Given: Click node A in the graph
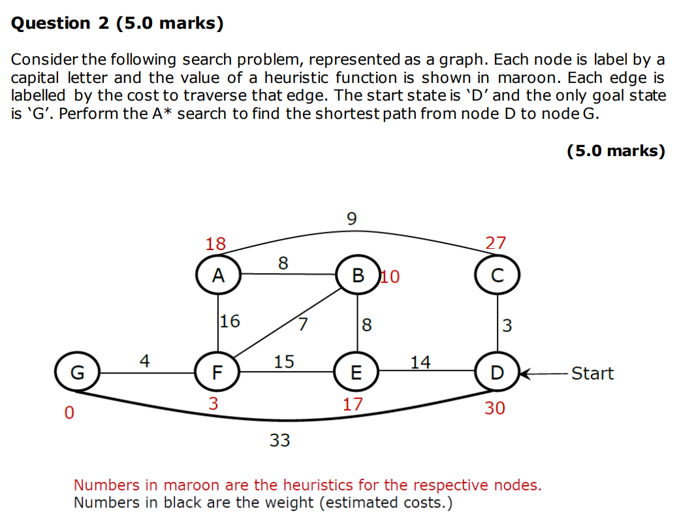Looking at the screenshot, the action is coord(219,274).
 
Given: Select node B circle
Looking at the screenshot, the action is coord(358,274).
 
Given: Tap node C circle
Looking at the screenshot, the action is coord(498,274).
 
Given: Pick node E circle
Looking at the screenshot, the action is coord(356,373).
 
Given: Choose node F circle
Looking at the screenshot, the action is coord(217,373).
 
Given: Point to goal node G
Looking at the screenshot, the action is coord(77,373).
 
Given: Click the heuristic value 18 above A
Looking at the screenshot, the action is coord(215,244).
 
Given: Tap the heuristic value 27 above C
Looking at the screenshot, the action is coord(496,243).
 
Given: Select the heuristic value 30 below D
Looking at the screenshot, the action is coord(494,408).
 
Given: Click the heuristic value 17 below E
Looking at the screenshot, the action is coord(353,404).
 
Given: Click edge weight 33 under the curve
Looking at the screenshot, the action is coord(280,441).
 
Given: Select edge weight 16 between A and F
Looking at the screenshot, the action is coord(230,321).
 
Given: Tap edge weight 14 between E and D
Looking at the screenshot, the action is coord(420,362).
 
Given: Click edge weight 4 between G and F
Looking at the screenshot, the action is coord(144,360).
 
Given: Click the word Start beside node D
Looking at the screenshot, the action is coord(592,374).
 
